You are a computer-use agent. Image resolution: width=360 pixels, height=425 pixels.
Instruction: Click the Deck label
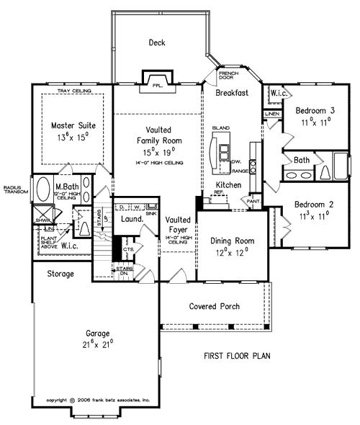157,42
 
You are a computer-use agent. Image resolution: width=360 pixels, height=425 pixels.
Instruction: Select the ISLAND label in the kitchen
221,127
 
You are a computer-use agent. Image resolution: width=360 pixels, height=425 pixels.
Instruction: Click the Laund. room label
131,219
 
